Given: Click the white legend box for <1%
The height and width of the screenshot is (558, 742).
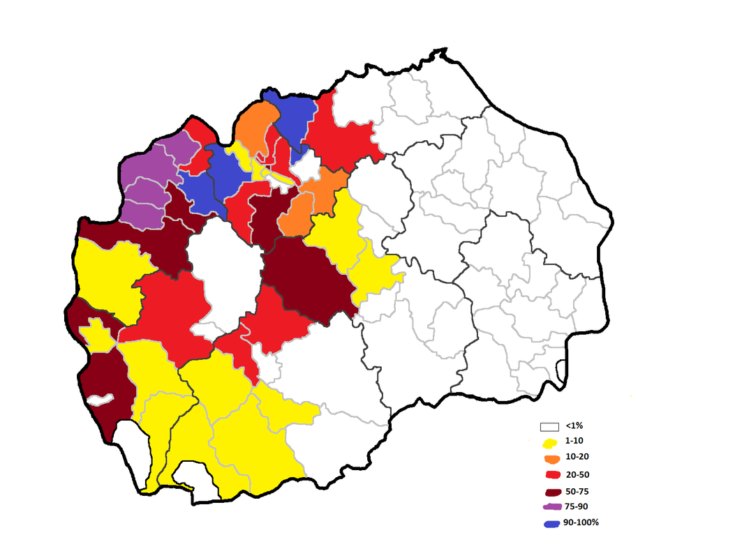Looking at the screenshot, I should (x=551, y=426).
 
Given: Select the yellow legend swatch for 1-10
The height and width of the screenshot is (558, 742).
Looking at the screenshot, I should (x=551, y=443).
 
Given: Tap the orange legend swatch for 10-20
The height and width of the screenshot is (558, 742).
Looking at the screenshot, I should (x=551, y=459).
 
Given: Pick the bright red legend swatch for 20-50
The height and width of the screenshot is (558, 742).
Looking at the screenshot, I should (x=551, y=475).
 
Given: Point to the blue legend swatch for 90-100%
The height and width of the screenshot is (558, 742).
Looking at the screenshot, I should (x=551, y=523).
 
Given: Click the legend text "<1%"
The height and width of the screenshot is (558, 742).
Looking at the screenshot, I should (x=574, y=425).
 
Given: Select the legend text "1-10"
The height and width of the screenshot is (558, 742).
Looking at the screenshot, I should (x=574, y=442).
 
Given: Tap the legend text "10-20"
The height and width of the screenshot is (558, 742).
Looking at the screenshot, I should (x=577, y=458).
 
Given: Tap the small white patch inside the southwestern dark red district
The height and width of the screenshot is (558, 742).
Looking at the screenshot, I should (x=100, y=400).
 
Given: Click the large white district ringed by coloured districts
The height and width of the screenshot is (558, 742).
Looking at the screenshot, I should (x=223, y=276).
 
